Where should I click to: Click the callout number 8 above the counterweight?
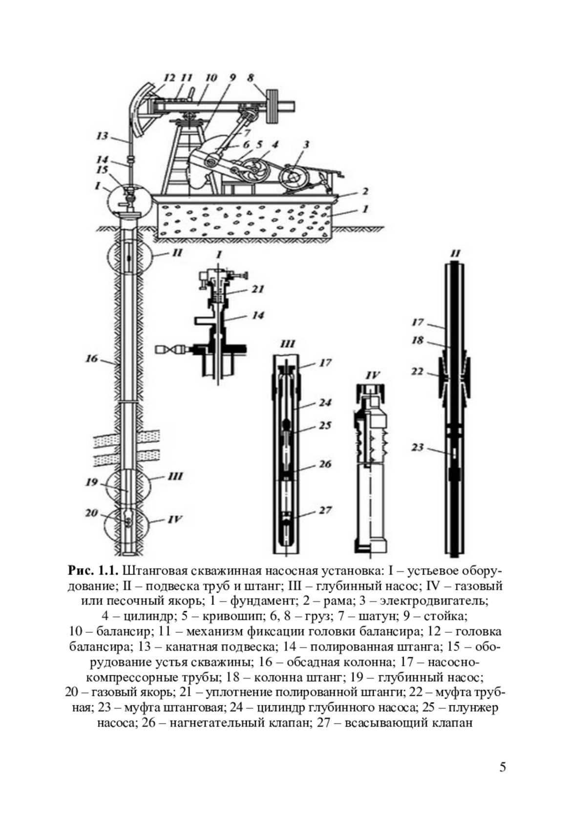pos(251,78)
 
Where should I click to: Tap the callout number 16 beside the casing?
pos(91,358)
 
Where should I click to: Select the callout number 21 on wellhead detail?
pos(257,288)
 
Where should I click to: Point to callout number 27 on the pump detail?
pos(325,510)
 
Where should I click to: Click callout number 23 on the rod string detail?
pos(418,447)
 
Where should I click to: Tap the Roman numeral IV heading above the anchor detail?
pos(373,376)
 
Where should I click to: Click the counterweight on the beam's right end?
pos(273,107)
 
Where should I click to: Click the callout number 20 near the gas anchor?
pos(91,513)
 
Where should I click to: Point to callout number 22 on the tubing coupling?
pos(418,371)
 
